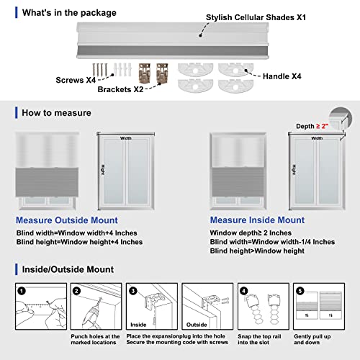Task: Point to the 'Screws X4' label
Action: point(75,80)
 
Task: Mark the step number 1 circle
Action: point(22,290)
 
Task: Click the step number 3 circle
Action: point(132,290)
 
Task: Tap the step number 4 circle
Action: point(243,290)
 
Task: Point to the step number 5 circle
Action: point(298,290)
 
